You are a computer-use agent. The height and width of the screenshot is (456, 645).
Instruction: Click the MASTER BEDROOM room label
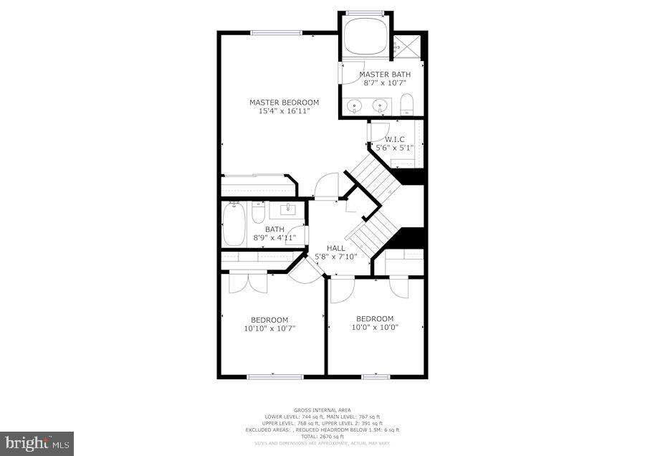pos(284,103)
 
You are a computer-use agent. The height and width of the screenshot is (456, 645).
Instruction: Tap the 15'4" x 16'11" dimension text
pos(284,111)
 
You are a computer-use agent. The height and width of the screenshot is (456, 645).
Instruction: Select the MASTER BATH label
pos(385,75)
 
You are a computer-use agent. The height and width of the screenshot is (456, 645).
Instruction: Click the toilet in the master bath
pos(407,105)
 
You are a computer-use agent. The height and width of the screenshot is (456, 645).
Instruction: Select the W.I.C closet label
pos(395,139)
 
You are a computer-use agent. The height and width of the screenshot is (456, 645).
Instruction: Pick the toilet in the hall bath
pos(259,213)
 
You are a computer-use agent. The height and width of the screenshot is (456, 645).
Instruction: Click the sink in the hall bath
pos(291,211)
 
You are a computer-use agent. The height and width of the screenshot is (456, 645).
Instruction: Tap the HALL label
pos(336,248)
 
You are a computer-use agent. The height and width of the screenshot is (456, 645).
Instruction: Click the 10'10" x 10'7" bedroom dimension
pos(269,328)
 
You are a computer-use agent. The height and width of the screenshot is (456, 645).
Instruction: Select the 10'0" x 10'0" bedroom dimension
pos(375,328)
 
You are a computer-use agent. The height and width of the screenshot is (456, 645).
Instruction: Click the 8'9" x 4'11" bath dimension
pos(275,237)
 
